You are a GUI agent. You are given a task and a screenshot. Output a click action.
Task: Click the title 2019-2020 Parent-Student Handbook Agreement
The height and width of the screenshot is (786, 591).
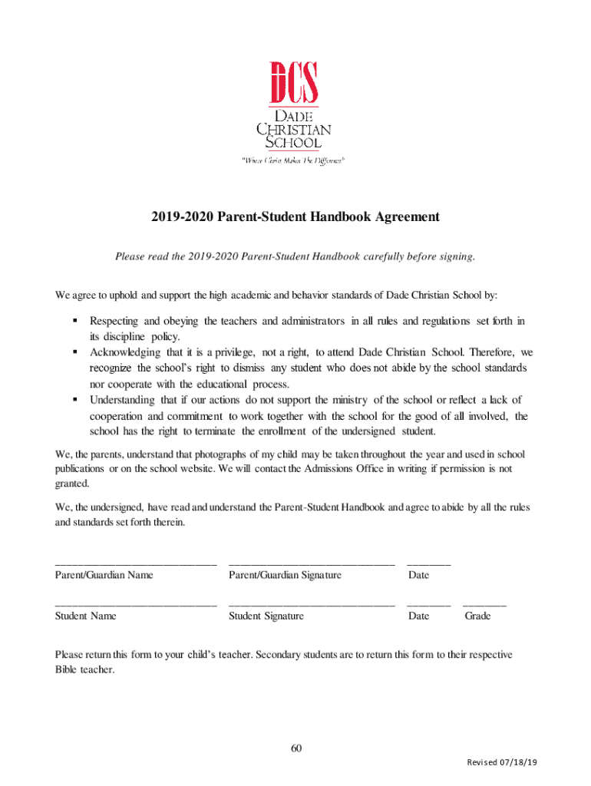(x=295, y=217)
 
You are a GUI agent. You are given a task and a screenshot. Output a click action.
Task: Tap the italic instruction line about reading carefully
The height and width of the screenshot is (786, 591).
(x=295, y=256)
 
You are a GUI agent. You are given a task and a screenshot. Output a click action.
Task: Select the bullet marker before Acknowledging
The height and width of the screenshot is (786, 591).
(x=76, y=352)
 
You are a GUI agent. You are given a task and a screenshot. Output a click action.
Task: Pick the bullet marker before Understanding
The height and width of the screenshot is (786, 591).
(x=76, y=399)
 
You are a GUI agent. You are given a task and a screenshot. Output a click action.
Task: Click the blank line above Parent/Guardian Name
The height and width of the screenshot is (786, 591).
(x=136, y=565)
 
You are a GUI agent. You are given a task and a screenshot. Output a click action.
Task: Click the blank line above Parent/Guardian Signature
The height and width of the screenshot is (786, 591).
(x=311, y=565)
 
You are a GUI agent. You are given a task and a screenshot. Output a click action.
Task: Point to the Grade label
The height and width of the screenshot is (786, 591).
(x=477, y=616)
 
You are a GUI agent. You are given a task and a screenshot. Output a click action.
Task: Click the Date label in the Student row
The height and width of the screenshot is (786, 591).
(x=419, y=616)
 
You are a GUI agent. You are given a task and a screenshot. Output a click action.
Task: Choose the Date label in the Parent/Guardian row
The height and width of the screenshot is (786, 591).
(x=419, y=575)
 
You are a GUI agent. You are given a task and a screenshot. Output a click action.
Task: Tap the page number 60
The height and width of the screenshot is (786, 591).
(x=295, y=748)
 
